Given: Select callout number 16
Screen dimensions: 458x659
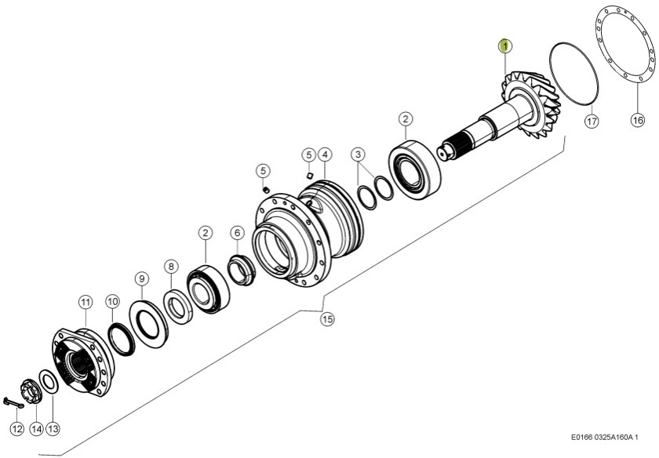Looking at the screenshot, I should (x=637, y=120).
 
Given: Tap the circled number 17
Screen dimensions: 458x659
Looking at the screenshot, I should (x=592, y=121).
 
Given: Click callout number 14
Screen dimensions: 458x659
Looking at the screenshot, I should (x=35, y=429).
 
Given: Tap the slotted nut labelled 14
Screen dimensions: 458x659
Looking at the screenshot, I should (x=32, y=391).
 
